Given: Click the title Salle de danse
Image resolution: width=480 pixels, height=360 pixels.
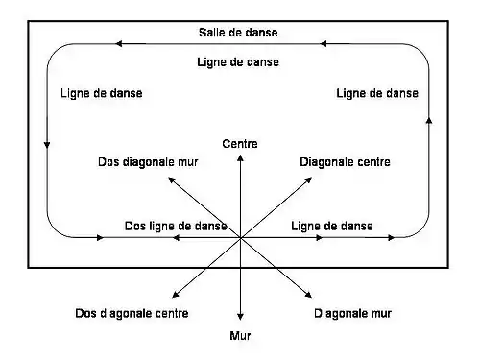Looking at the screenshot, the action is [x=238, y=32].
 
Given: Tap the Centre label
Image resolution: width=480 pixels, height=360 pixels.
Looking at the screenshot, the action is [x=239, y=143].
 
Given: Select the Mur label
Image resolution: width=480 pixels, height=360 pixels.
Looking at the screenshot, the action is [x=239, y=336].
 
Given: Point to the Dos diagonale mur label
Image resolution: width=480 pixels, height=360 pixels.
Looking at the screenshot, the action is [x=147, y=162].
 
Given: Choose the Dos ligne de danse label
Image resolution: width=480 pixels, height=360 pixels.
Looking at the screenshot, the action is [x=176, y=226].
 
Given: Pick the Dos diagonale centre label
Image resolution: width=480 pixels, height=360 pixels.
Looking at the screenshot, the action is [x=132, y=313].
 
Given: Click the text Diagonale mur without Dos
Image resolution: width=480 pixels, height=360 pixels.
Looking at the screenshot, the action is [x=352, y=313].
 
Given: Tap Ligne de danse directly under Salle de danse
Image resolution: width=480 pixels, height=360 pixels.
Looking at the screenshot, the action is [x=238, y=62].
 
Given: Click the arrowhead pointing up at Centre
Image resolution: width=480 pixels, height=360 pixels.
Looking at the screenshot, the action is [x=240, y=157].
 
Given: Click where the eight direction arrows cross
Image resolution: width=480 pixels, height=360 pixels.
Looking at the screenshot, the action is [x=240, y=237].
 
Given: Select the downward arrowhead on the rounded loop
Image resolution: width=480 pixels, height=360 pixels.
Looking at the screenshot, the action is [x=46, y=144].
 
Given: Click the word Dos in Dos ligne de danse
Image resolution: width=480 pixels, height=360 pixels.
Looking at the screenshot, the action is [x=135, y=226].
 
